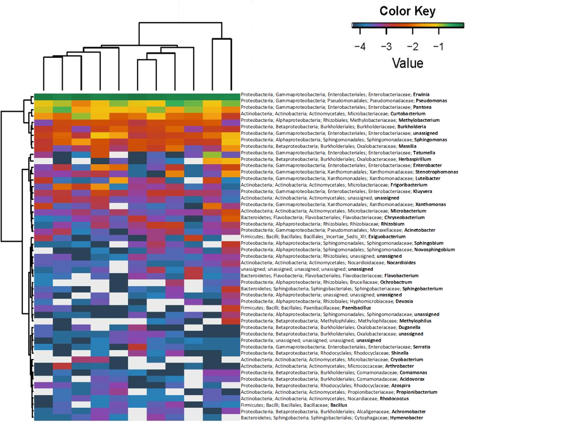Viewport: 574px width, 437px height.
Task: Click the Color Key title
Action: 407,11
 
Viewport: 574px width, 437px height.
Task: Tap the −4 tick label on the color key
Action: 360,47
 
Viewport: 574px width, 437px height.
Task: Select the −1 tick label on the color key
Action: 438,47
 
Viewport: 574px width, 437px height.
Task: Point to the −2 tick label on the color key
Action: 412,47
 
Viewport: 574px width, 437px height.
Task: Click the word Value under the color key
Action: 407,63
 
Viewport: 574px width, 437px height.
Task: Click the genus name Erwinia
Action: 421,94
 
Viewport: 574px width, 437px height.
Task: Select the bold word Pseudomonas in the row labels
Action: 431,101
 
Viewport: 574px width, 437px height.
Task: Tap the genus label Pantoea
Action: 422,107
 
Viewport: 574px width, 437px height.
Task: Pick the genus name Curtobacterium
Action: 408,114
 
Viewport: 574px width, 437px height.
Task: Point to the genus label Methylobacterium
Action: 419,120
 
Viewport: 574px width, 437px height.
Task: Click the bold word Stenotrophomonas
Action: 436,172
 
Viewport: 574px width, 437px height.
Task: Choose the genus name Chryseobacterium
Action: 404,217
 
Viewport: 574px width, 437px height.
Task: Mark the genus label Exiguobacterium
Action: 387,237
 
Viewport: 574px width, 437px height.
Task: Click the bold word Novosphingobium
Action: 434,250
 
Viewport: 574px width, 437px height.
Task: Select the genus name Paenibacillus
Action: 356,308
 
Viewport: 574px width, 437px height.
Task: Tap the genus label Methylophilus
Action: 415,321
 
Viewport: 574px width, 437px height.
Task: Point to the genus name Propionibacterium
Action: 417,392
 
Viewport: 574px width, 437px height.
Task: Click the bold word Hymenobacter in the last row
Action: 406,418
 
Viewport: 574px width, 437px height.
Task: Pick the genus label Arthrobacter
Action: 399,366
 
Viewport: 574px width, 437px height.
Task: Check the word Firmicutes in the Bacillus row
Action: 252,405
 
